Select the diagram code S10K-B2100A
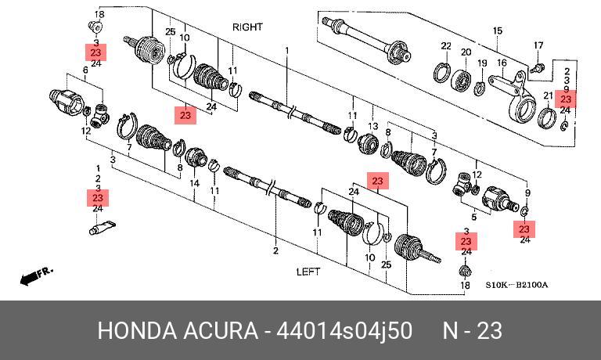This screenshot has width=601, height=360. pyautogui.click(x=516, y=285)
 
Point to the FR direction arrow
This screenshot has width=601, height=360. pyautogui.click(x=34, y=275)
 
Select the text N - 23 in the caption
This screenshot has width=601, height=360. pyautogui.click(x=472, y=331)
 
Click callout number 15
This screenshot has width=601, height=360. pyautogui.click(x=496, y=31)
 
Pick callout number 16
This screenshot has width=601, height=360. pyautogui.click(x=502, y=63)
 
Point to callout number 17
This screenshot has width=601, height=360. pyautogui.click(x=538, y=45)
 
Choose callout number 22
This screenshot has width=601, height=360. pyautogui.click(x=445, y=46)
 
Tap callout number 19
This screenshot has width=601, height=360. pyautogui.click(x=483, y=63)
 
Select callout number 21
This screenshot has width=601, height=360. pyautogui.click(x=548, y=95)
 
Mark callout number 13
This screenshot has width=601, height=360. pyautogui.click(x=372, y=126)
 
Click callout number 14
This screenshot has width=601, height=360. pyautogui.click(x=195, y=183)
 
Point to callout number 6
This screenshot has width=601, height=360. pyautogui.click(x=85, y=70)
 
